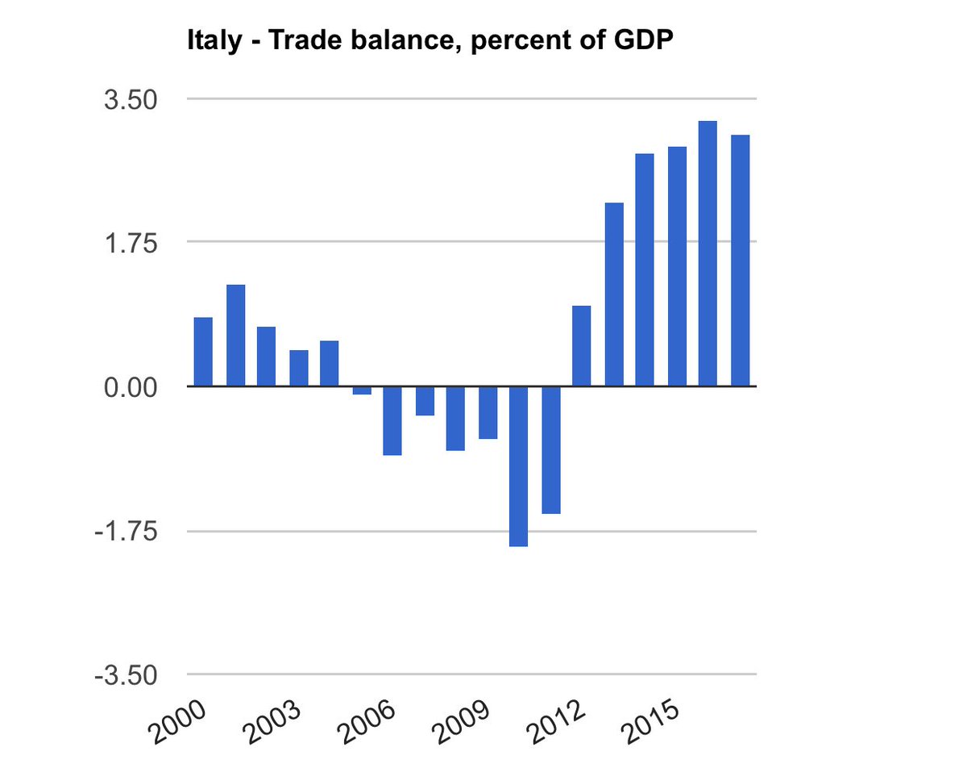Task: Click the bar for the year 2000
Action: point(204,352)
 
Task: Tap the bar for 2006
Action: point(392,420)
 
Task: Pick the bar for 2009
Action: point(488,412)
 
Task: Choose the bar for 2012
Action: point(582,346)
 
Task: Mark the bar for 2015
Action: point(677,266)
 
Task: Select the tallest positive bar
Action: point(708,253)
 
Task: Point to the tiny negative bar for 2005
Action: point(362,390)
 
